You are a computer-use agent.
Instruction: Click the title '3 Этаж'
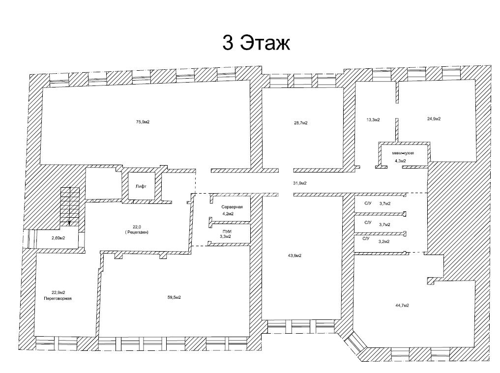(x=256, y=43)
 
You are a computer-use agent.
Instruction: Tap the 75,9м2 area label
(x=143, y=122)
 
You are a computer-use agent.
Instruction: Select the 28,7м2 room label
(x=301, y=123)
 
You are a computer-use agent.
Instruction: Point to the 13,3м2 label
(x=373, y=120)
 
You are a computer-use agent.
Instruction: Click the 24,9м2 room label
(x=434, y=118)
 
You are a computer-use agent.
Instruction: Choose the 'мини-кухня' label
(x=403, y=153)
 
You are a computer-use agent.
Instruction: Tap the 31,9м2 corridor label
(x=300, y=183)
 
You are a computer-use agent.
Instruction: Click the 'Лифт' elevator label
(x=141, y=187)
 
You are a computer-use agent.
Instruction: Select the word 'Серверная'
(x=232, y=207)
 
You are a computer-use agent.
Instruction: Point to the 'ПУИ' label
(x=227, y=231)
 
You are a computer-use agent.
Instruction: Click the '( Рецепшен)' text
(x=137, y=232)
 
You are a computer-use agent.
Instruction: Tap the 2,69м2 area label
(x=59, y=238)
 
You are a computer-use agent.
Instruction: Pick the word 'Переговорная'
(x=58, y=298)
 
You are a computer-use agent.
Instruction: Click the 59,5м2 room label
(x=174, y=297)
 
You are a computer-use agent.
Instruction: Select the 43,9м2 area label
(x=294, y=256)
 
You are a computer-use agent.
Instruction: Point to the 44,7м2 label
(x=402, y=305)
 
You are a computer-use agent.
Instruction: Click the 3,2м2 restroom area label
(x=384, y=241)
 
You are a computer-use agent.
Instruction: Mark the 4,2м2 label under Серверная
(x=228, y=214)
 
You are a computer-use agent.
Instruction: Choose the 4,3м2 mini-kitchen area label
(x=401, y=161)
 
